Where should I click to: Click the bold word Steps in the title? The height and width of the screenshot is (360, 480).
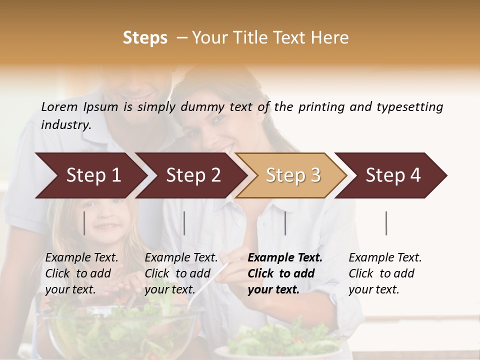[x=145, y=38]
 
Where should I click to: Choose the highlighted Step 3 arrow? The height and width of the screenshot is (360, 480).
[x=293, y=175]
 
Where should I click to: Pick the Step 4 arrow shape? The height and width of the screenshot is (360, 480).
[x=393, y=175]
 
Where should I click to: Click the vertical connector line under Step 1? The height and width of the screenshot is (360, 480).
[x=84, y=223]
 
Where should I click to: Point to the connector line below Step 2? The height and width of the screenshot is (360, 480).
[x=184, y=223]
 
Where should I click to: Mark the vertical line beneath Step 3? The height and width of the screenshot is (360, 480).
[x=285, y=223]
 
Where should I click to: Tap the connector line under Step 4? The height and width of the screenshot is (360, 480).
[x=386, y=223]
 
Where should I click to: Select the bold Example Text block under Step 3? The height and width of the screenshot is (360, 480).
[x=285, y=273]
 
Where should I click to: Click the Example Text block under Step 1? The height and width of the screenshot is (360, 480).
[x=81, y=273]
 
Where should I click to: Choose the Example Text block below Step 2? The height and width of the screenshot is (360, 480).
[x=181, y=273]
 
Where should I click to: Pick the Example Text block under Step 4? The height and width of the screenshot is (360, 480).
[x=385, y=273]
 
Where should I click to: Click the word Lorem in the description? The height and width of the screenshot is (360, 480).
[x=59, y=107]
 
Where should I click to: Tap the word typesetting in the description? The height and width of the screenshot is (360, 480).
[x=409, y=107]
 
